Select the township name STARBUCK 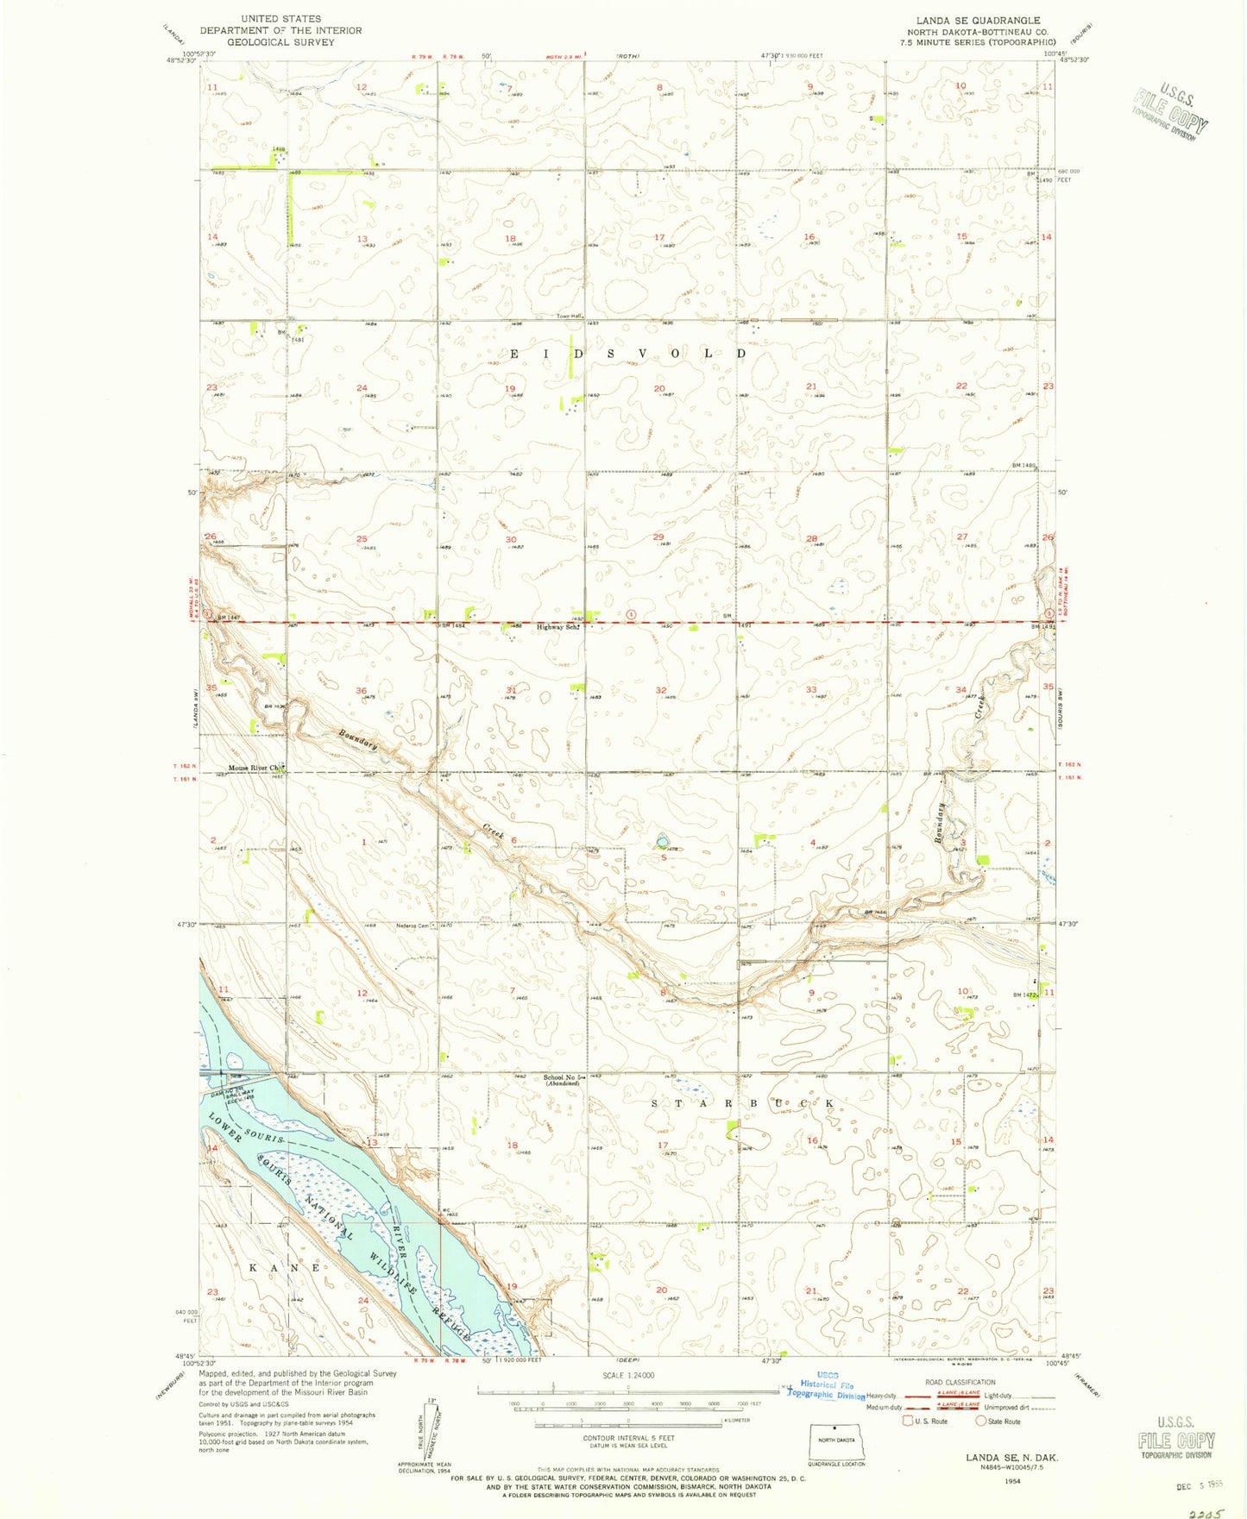coord(741,1104)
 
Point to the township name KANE coord(285,1268)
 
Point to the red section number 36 coord(361,691)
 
